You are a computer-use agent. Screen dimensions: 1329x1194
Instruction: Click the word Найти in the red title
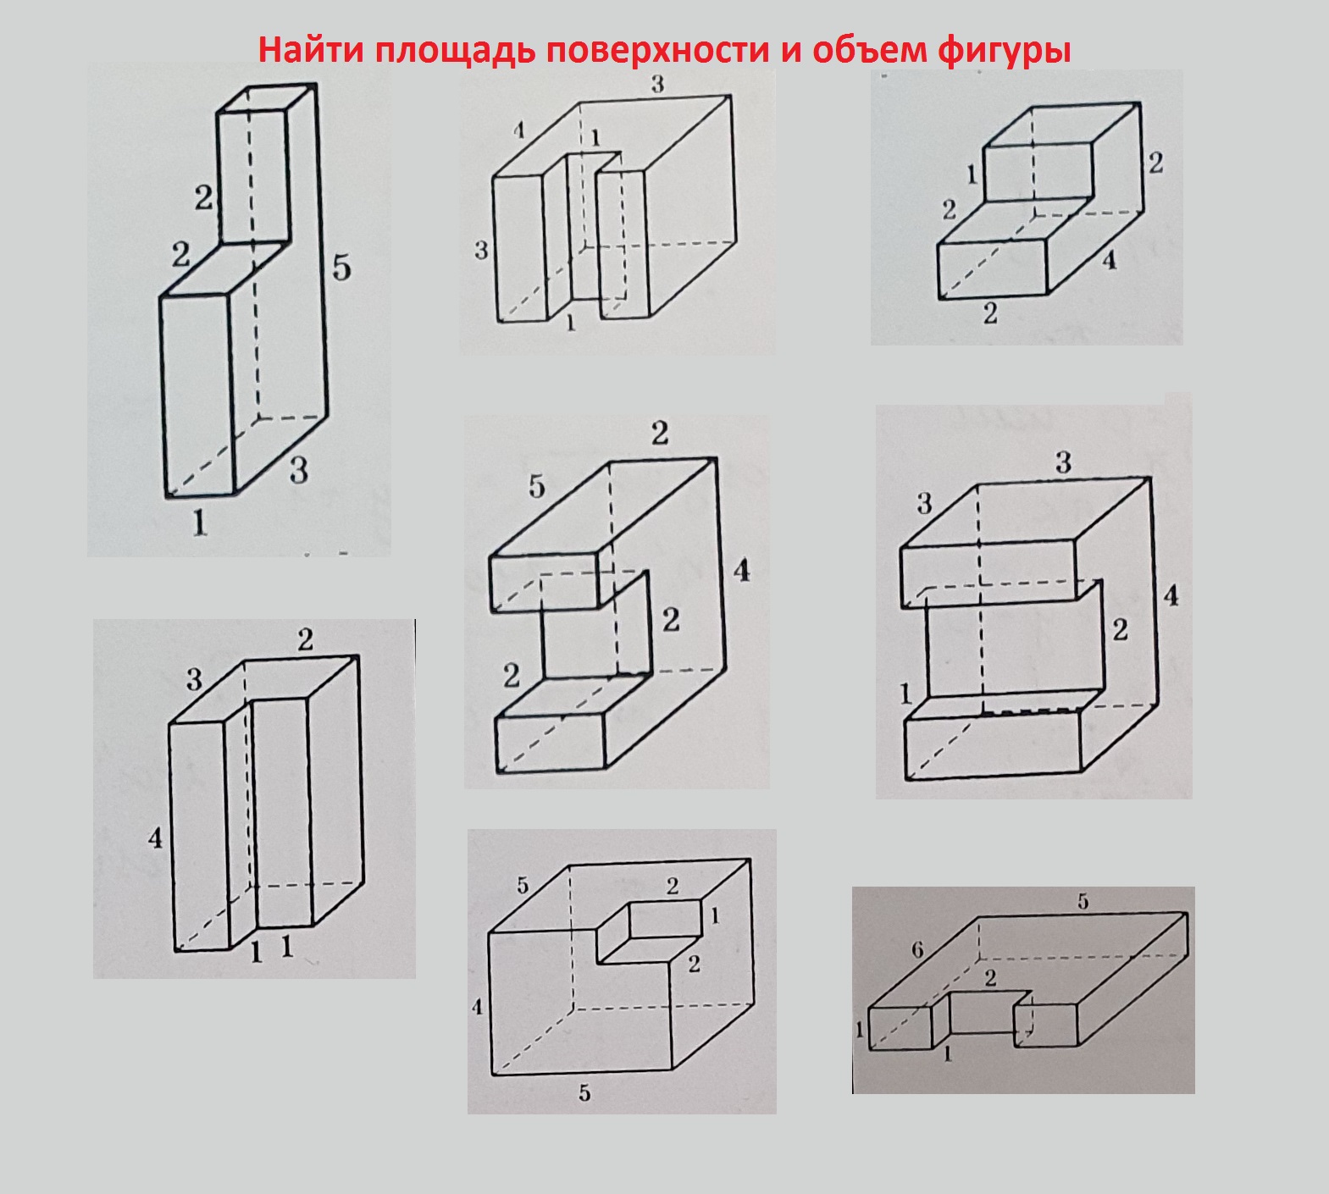[312, 50]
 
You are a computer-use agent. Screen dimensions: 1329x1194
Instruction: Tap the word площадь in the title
[453, 52]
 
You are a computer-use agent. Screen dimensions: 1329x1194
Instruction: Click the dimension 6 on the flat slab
[917, 951]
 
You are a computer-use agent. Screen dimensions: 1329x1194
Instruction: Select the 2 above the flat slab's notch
[990, 978]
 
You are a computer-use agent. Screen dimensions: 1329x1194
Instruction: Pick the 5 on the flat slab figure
[1083, 901]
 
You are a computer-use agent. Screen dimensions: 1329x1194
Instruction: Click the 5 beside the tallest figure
[341, 268]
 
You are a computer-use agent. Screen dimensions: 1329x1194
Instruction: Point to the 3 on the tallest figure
[298, 469]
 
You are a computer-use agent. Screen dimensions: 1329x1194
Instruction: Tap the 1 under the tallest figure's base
[200, 522]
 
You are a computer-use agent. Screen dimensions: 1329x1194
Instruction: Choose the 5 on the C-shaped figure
[537, 486]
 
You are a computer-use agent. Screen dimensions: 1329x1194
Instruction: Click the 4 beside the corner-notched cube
[478, 1007]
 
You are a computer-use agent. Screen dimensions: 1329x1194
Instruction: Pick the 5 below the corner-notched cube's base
[584, 1093]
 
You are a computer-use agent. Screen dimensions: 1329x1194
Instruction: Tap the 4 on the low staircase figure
[1110, 260]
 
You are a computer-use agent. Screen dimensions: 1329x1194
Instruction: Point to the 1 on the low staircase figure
[972, 175]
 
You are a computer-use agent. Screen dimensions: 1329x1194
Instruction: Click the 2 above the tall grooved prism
[305, 639]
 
